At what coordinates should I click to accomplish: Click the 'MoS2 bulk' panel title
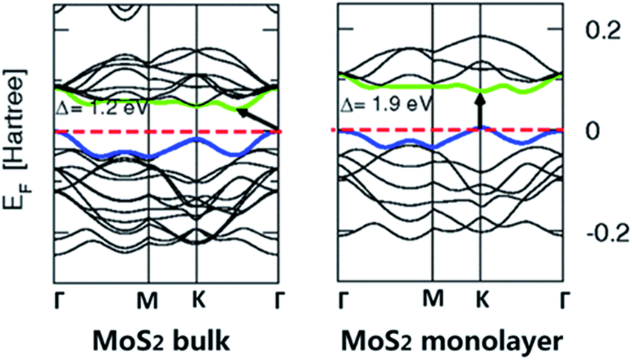(164, 339)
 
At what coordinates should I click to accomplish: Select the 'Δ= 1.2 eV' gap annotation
(102, 106)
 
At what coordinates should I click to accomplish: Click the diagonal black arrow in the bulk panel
(256, 119)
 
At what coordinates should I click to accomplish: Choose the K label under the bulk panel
(197, 299)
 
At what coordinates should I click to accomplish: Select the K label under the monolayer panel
(480, 299)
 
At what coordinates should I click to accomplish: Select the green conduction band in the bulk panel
(178, 100)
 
